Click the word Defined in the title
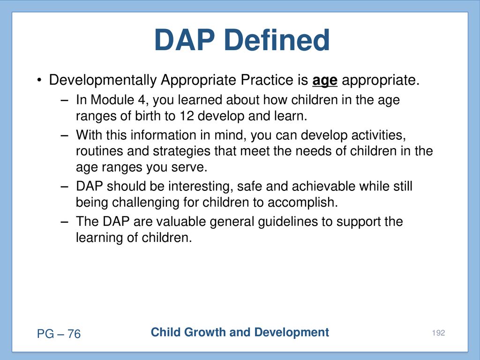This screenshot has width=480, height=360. (x=277, y=40)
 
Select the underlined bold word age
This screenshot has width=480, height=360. (x=325, y=81)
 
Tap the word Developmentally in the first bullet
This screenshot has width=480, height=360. (x=103, y=80)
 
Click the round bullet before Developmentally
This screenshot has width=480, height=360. (x=39, y=81)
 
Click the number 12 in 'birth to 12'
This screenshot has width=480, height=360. (x=187, y=116)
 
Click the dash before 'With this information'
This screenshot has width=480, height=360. (x=64, y=135)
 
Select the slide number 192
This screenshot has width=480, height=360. (x=438, y=333)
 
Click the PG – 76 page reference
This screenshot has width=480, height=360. (x=59, y=334)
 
